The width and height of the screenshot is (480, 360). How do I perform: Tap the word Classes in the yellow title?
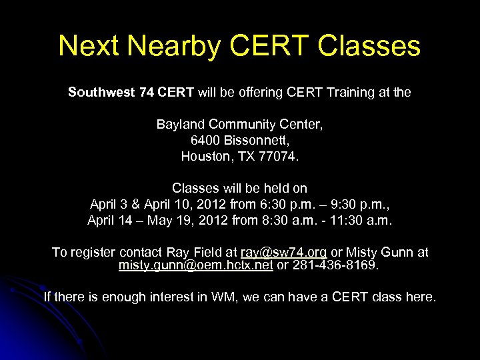pos(369,47)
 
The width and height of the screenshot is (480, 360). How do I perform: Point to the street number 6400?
pos(204,141)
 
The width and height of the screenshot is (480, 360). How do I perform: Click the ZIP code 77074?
pos(281,157)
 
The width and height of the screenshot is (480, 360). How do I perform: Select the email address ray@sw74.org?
pos(283,253)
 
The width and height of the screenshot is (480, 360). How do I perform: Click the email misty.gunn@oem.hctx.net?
pos(195,265)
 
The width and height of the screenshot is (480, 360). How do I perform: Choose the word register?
pos(90,253)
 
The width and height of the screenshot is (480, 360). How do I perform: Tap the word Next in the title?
pos(84,47)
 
